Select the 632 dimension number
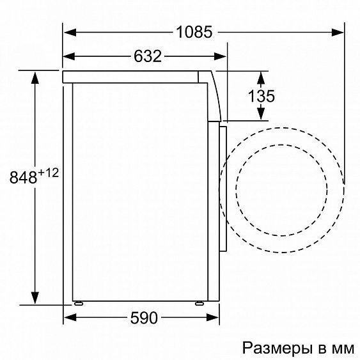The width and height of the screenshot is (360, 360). click(x=147, y=56)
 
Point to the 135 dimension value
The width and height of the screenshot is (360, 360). click(x=262, y=97)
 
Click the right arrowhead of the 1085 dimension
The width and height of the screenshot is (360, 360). click(x=338, y=32)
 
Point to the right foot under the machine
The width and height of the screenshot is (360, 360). click(x=201, y=304)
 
